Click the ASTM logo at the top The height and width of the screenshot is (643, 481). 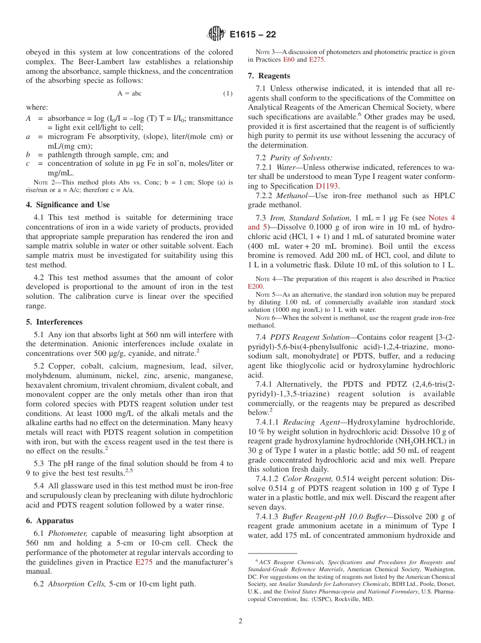(x=216, y=34)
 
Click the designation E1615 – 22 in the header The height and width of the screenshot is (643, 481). (x=253, y=35)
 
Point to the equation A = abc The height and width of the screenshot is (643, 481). (x=130, y=94)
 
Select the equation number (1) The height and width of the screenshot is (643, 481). (x=228, y=94)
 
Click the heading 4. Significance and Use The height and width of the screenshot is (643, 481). (x=68, y=205)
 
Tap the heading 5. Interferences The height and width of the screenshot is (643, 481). (x=54, y=322)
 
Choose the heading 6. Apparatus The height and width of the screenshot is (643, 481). (x=50, y=521)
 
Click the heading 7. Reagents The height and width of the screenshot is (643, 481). (x=269, y=76)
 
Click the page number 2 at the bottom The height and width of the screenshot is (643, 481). (x=240, y=621)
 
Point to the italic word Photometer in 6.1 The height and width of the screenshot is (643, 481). (x=68, y=533)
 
